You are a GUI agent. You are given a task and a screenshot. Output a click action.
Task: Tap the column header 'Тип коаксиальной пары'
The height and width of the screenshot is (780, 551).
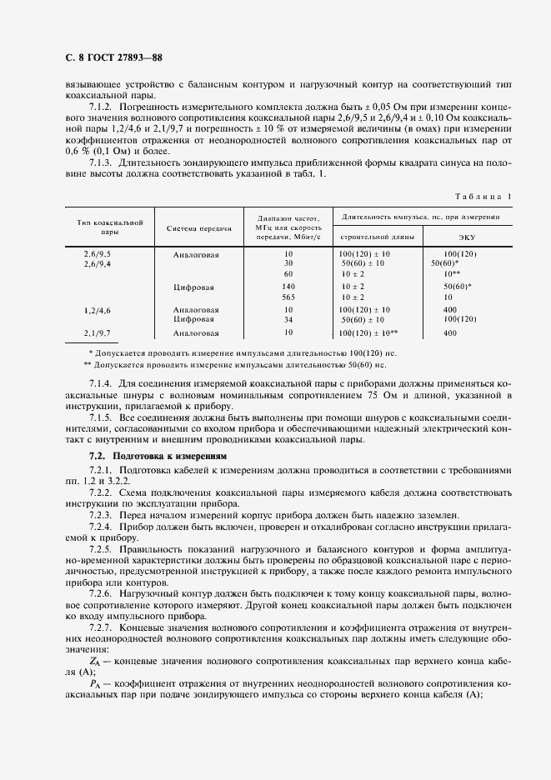110,227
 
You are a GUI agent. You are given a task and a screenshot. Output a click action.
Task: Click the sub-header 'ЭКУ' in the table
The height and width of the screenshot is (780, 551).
460,237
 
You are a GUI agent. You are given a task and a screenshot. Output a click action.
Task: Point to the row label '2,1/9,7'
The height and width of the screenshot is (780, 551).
97,332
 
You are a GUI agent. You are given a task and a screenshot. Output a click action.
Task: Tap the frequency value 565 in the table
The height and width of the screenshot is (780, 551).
288,297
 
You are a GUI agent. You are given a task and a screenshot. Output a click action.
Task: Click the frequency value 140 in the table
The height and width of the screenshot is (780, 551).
288,286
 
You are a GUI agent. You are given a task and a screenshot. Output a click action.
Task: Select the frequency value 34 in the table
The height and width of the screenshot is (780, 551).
288,318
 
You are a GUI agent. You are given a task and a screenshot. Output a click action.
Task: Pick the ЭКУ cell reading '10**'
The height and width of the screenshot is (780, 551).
450,273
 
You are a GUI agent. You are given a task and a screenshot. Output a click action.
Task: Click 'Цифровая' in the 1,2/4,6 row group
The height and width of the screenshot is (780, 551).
196,318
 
